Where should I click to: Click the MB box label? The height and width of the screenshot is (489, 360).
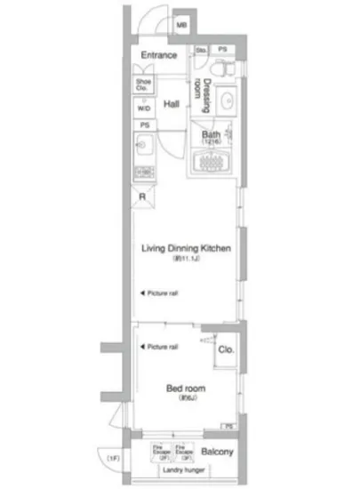click(181, 25)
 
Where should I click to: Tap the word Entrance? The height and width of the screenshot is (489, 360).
click(158, 55)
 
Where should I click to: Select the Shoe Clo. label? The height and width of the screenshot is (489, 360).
click(143, 84)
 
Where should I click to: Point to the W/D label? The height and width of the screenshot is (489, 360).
click(143, 108)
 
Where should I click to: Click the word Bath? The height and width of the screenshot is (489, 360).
click(210, 134)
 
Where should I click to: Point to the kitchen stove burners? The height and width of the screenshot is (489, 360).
click(144, 171)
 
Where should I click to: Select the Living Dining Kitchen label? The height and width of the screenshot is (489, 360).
click(186, 250)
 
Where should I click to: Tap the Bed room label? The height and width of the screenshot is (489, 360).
click(187, 388)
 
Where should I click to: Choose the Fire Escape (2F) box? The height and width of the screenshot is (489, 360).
click(162, 451)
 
